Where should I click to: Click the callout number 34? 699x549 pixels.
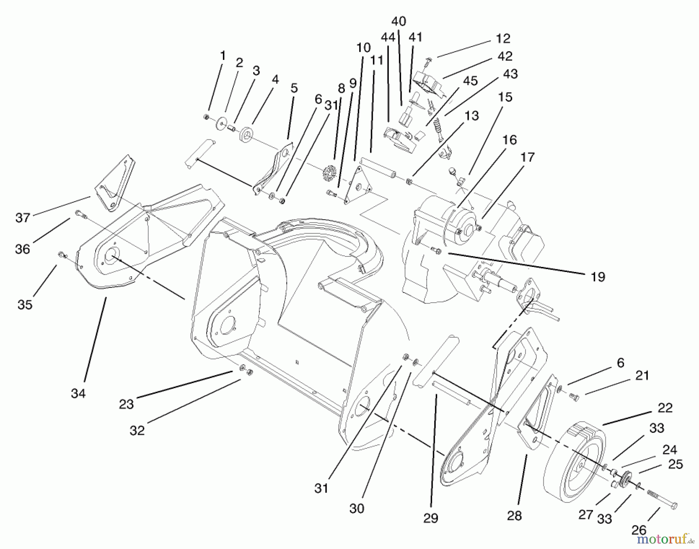[x=78, y=394]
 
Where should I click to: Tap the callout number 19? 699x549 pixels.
[x=598, y=277]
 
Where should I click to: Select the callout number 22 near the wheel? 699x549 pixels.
[x=665, y=408]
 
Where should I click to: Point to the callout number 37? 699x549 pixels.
[x=23, y=218]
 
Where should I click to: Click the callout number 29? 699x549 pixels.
[x=431, y=518]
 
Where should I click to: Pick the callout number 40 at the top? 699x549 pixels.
[x=399, y=21]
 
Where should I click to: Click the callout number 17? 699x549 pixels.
[x=528, y=157]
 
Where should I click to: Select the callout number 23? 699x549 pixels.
[x=126, y=404]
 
